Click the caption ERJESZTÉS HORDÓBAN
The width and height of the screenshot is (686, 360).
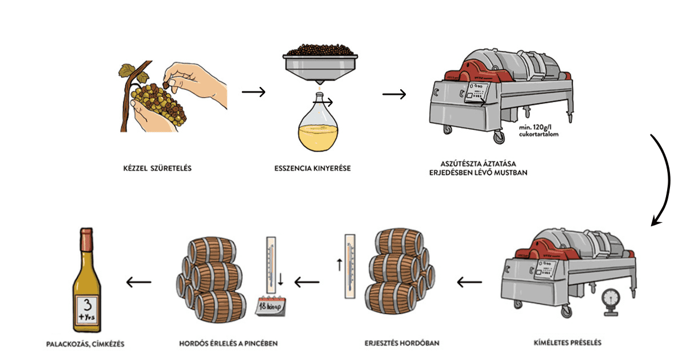tap(402, 343)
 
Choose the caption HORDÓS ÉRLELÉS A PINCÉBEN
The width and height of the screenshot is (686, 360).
tap(229, 343)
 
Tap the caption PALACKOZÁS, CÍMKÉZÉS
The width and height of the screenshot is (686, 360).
tap(85, 343)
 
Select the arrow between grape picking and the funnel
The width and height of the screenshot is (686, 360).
tap(253, 92)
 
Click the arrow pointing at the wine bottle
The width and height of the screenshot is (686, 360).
tap(139, 282)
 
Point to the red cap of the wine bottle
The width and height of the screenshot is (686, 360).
tap(87, 235)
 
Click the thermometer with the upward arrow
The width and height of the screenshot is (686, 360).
tap(350, 266)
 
